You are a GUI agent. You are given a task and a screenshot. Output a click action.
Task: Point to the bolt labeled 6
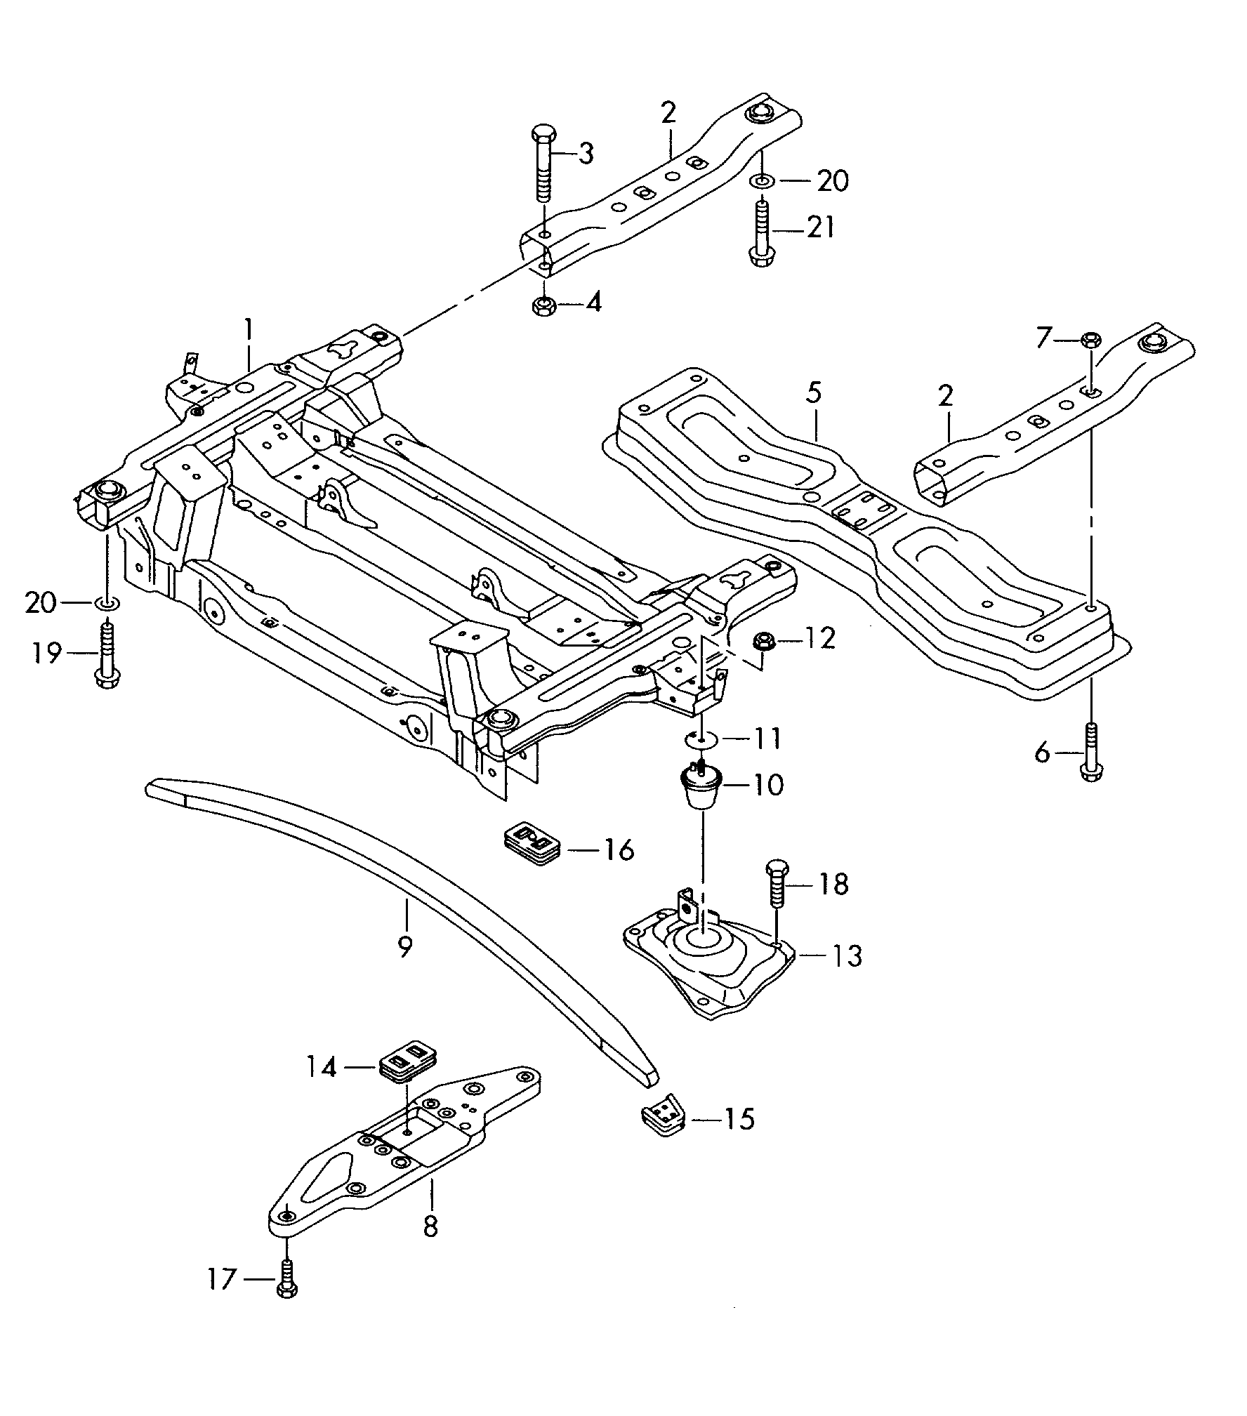pos(1090,753)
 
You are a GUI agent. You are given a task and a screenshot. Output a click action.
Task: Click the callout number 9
pos(404,947)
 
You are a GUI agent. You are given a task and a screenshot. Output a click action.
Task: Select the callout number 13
pos(846,955)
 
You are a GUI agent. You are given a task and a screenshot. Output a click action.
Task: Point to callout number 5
pos(813,393)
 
